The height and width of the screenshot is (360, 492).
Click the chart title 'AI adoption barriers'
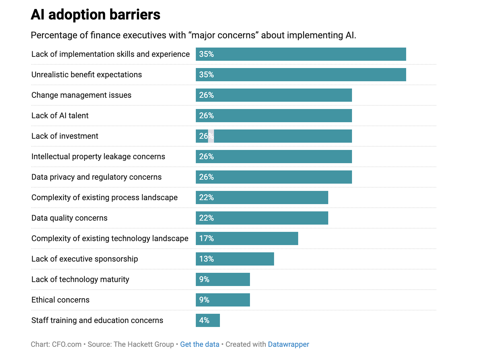(x=95, y=15)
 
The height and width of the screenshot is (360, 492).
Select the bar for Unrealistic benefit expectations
(x=300, y=75)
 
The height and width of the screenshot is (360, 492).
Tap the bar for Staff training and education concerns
(x=208, y=320)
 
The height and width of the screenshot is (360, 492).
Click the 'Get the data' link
(x=199, y=344)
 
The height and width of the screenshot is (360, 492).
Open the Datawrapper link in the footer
(x=288, y=344)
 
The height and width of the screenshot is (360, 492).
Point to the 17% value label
(x=206, y=238)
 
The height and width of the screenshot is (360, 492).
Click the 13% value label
(x=206, y=259)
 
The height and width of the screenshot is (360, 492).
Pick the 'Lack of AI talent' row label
(x=60, y=116)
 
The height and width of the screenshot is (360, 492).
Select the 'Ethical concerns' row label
(x=60, y=300)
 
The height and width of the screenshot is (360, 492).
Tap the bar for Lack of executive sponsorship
(x=235, y=259)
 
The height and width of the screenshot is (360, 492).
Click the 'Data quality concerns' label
(x=69, y=218)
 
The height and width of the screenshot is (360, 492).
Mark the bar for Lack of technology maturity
(x=223, y=279)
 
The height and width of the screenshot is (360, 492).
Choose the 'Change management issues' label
(x=81, y=95)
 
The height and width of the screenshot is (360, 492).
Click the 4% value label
(x=204, y=320)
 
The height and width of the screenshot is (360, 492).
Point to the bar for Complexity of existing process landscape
(x=262, y=198)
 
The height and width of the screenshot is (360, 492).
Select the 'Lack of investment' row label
(x=65, y=136)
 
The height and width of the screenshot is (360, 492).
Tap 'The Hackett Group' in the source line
(x=144, y=344)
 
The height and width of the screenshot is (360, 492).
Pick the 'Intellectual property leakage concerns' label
(x=98, y=157)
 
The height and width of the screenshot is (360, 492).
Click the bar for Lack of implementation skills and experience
(x=300, y=54)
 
